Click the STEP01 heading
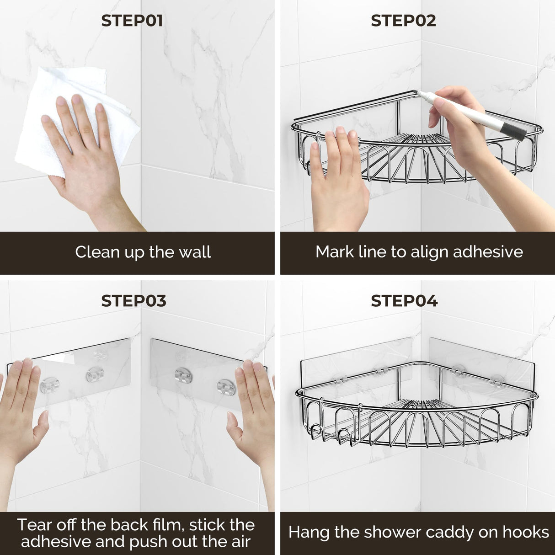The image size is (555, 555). [x=132, y=21]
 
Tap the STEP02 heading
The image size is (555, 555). [x=403, y=21]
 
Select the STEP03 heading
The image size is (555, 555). [x=133, y=301]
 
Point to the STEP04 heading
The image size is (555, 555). [x=404, y=301]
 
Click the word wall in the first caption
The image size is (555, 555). [x=195, y=252]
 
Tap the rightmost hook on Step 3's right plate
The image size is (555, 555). [x=225, y=387]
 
